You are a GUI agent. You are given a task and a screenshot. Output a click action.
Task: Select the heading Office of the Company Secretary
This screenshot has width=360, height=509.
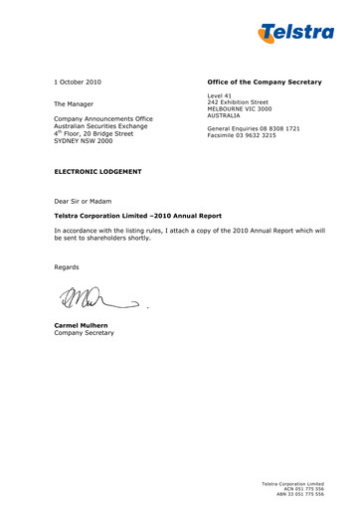click(264, 81)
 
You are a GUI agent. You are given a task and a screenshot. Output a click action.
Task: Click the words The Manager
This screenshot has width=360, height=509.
click(74, 103)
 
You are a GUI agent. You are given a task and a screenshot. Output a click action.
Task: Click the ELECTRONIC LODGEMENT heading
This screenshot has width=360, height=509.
click(97, 172)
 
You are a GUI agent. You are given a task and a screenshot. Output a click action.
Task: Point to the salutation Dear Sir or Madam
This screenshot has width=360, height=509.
click(86, 200)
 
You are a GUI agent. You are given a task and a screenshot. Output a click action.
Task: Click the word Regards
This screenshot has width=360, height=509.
click(68, 267)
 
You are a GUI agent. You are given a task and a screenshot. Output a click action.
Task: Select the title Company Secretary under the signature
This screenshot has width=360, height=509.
click(85, 332)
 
